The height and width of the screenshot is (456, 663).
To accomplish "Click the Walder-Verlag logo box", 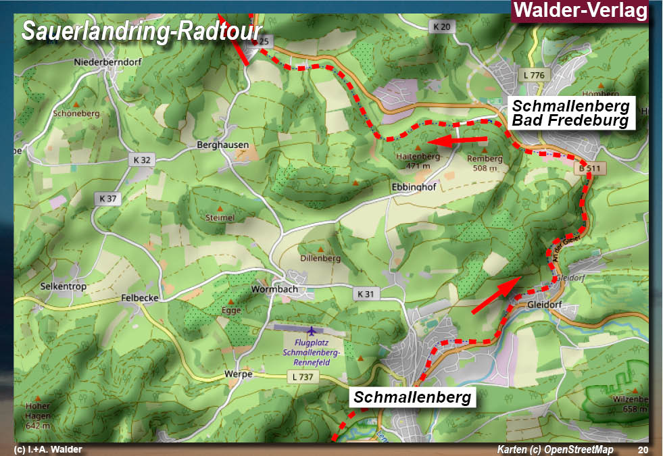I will (x=581, y=11).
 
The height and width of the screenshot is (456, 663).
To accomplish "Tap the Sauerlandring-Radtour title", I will (x=141, y=31).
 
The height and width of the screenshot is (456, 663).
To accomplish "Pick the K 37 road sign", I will (x=108, y=199).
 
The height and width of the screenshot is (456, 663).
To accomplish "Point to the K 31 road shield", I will (x=364, y=294).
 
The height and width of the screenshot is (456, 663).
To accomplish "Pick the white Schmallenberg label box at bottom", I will (x=412, y=397).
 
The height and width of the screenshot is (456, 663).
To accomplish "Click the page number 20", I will (x=642, y=450).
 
